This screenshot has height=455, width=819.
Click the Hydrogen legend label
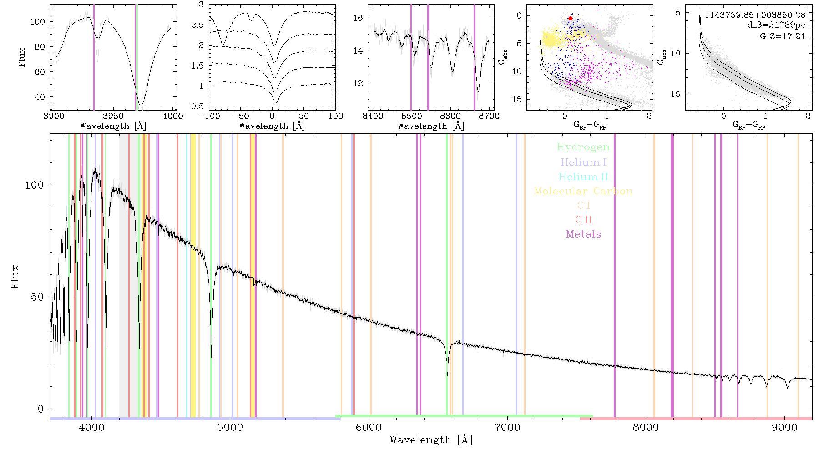pyautogui.click(x=583, y=147)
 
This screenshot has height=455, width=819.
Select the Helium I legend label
pyautogui.click(x=583, y=162)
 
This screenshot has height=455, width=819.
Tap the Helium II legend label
pyautogui.click(x=583, y=177)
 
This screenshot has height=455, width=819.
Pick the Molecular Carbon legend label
pyautogui.click(x=583, y=191)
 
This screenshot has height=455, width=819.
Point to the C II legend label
pyautogui.click(x=583, y=220)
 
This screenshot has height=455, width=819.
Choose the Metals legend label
pyautogui.click(x=583, y=234)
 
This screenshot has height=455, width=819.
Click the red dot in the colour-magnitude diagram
pyautogui.click(x=570, y=19)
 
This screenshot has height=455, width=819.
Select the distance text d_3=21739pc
pyautogui.click(x=776, y=25)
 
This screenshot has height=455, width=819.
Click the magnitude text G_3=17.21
pyautogui.click(x=783, y=36)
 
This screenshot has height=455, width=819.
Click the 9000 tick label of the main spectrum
pyautogui.click(x=785, y=428)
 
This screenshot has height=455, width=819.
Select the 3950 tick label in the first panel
pyautogui.click(x=113, y=116)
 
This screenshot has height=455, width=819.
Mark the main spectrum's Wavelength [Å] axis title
pyautogui.click(x=431, y=440)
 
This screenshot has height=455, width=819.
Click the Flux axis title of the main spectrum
pyautogui.click(x=15, y=276)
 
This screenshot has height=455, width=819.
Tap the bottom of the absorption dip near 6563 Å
pyautogui.click(x=447, y=375)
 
